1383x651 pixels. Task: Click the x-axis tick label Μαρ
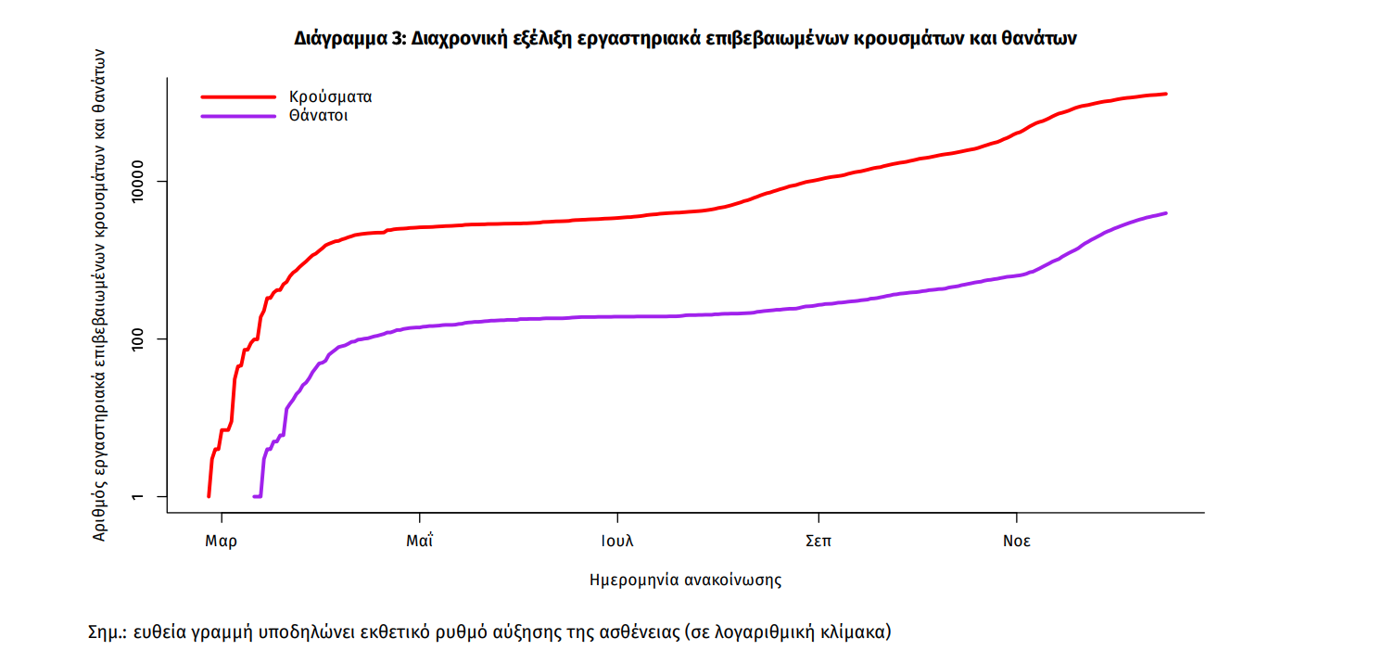coord(221,542)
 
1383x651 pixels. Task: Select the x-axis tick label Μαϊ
coord(420,542)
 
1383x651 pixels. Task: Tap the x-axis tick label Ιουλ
coord(617,542)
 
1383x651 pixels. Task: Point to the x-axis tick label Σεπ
coord(818,542)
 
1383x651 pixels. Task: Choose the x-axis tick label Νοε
coord(1017,542)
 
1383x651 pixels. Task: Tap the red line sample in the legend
coord(238,96)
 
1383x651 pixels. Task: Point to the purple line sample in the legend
coord(238,117)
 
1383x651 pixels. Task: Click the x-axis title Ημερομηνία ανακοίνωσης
coord(685,581)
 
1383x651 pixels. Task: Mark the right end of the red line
coord(1165,94)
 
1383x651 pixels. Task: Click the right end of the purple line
coord(1165,213)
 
